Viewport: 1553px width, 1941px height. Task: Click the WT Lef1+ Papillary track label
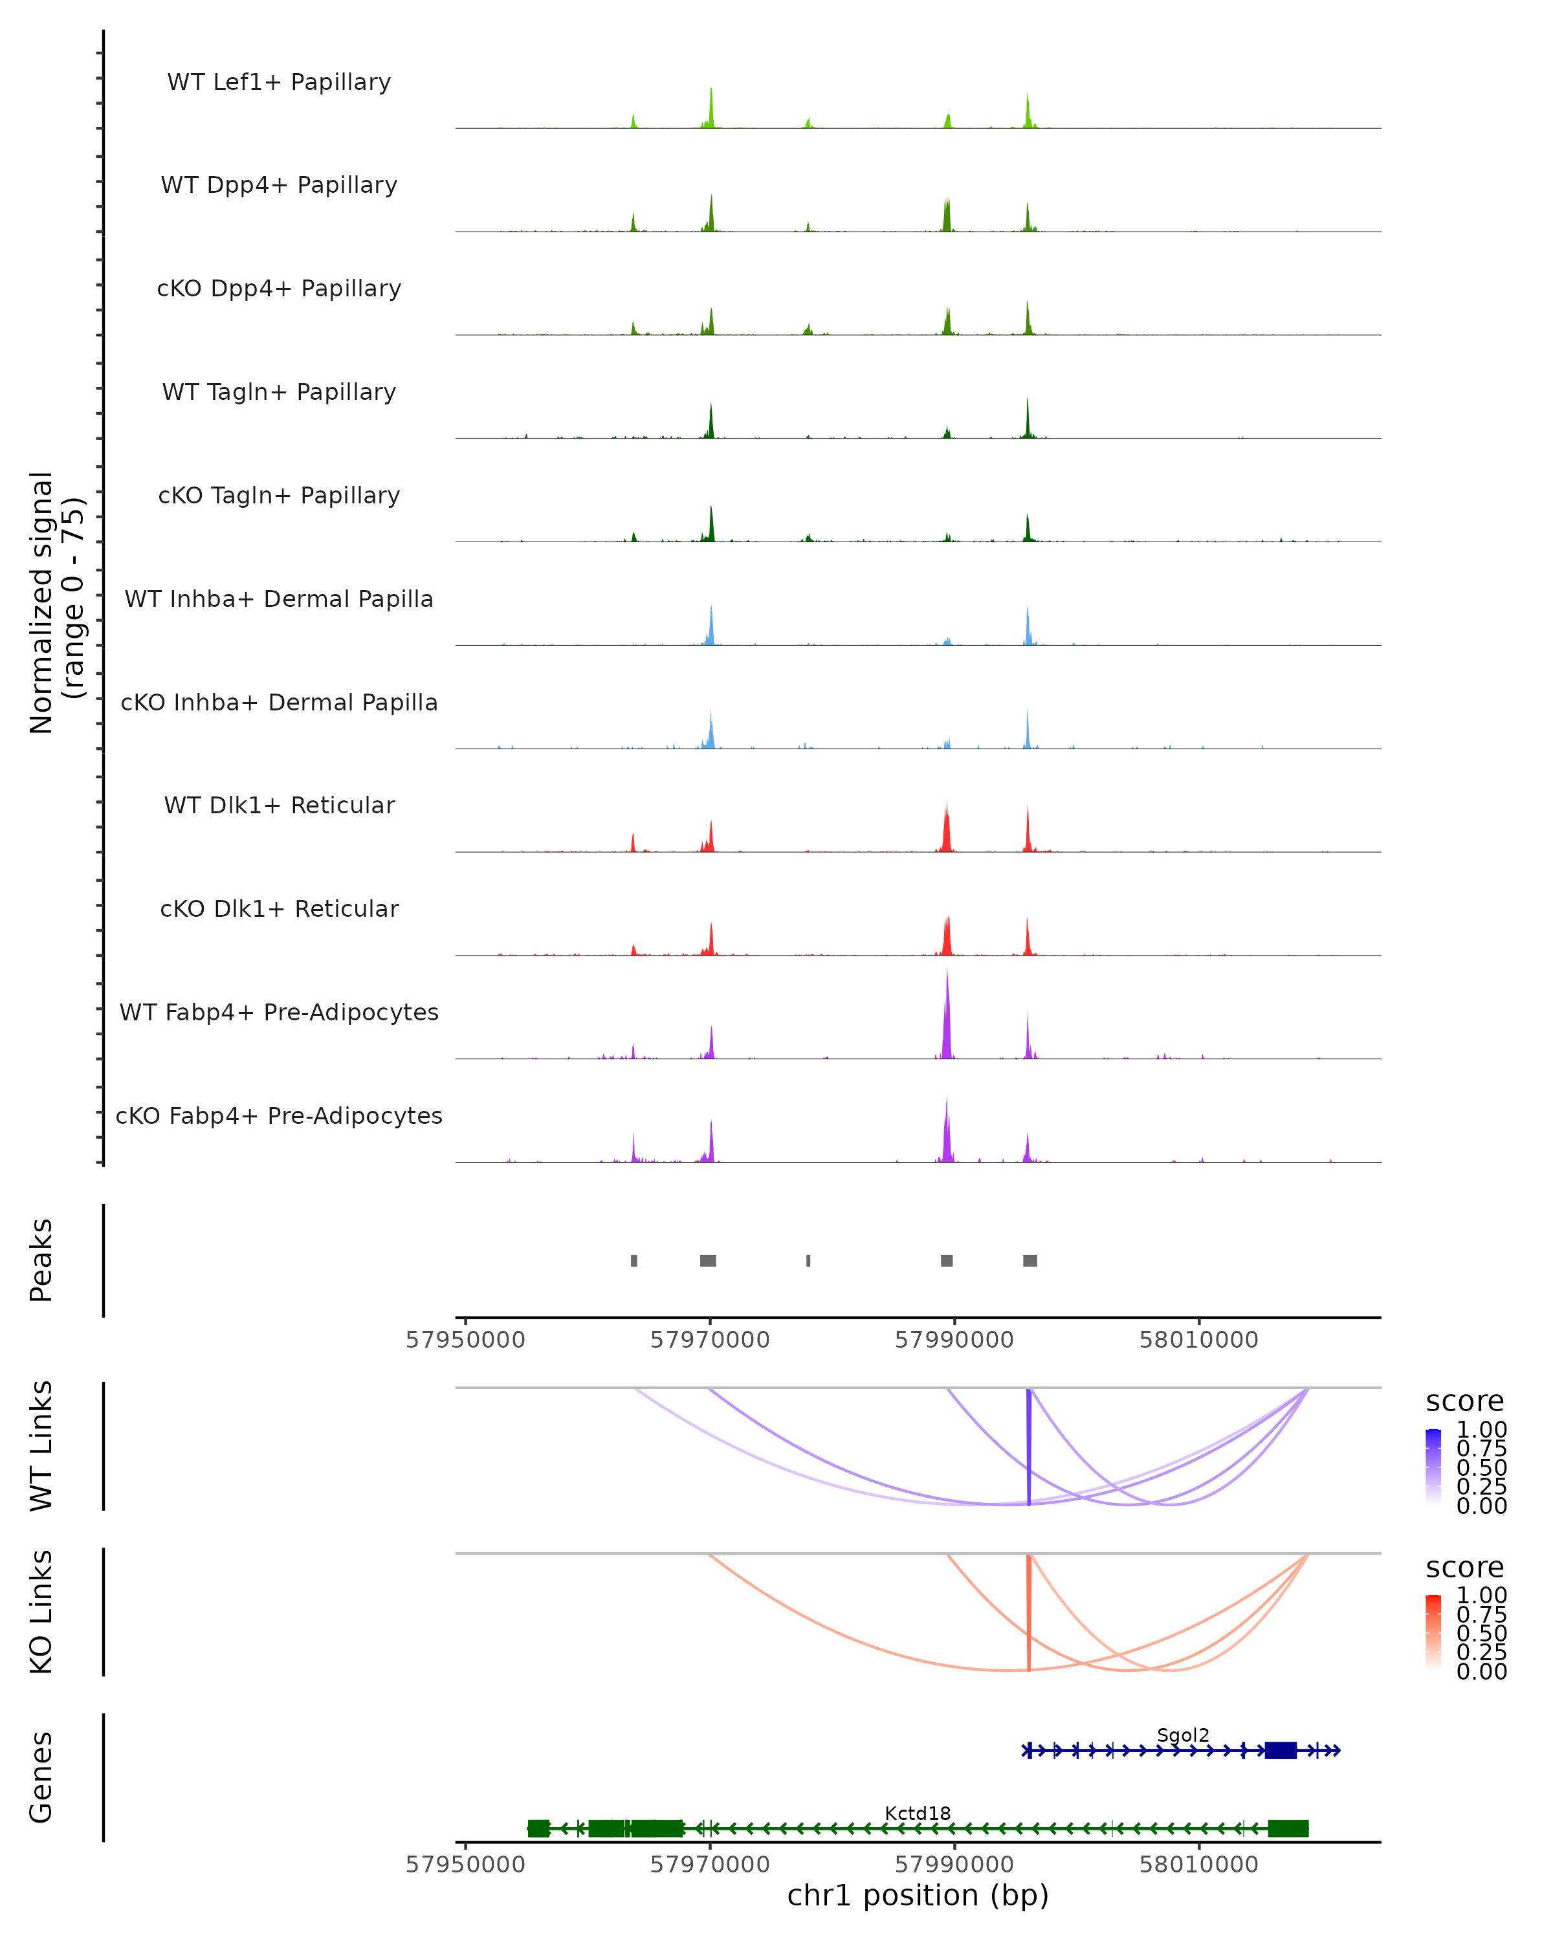[279, 82]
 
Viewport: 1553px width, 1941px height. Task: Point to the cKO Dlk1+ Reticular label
[279, 908]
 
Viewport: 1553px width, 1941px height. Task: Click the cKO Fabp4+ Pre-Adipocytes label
[279, 1115]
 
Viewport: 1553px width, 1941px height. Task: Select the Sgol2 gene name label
[1183, 1735]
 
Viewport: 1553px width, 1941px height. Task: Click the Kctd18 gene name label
[918, 1813]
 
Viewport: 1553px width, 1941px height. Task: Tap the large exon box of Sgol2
[1280, 1750]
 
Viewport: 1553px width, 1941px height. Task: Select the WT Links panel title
[41, 1446]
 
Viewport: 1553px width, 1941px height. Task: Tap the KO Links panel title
[41, 1612]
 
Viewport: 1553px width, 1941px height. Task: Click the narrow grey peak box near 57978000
[808, 1260]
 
